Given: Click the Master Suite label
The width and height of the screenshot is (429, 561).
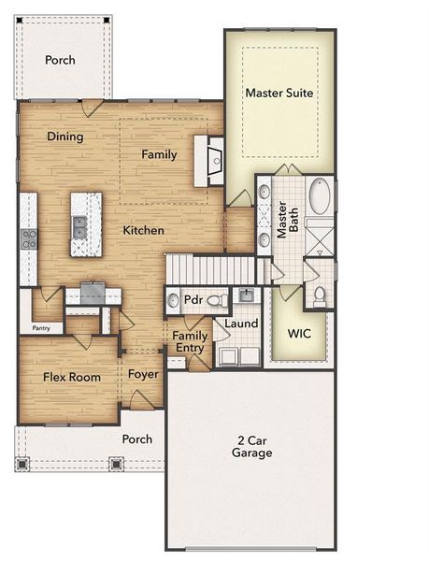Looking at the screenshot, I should click(x=279, y=93).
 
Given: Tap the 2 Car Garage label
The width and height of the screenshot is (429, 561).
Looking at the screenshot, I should click(x=252, y=446).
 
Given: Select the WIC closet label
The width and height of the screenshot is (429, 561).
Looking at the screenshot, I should click(x=299, y=333).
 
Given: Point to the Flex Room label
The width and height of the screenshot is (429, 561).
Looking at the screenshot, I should click(x=64, y=378).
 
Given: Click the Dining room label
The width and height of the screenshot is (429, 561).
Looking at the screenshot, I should click(x=65, y=137).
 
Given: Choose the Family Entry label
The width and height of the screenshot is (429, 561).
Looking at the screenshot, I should click(x=192, y=341).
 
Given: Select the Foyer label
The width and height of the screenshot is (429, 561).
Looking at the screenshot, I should click(x=143, y=374).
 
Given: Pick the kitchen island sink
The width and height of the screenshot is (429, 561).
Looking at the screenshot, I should click(x=80, y=224).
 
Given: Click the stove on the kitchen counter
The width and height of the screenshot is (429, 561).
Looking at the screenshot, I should click(x=29, y=238).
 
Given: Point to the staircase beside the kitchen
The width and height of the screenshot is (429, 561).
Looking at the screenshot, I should click(x=210, y=270).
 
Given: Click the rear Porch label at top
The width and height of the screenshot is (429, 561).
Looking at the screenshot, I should click(x=60, y=61).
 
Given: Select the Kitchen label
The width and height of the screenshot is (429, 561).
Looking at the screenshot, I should click(x=144, y=230).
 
